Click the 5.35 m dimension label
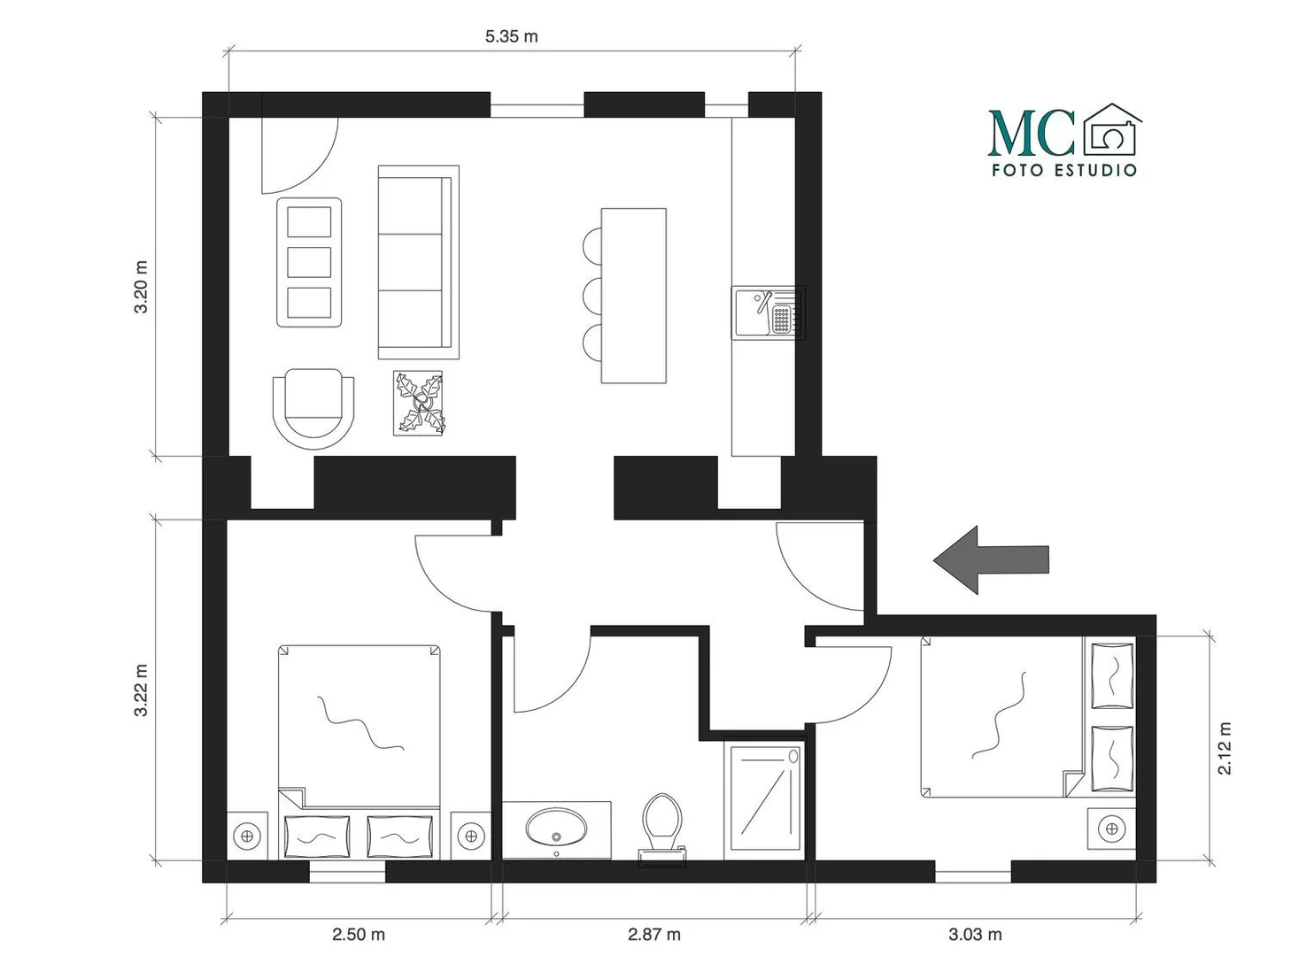click(511, 36)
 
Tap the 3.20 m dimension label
click(141, 286)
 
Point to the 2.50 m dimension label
click(359, 935)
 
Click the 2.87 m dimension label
click(653, 935)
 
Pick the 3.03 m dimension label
click(975, 935)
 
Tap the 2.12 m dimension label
click(1225, 748)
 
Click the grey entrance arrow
click(991, 559)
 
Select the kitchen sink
click(769, 312)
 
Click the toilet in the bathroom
click(662, 830)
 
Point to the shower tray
click(764, 799)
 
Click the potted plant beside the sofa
click(419, 404)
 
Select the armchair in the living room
click(313, 408)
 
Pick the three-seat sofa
click(419, 262)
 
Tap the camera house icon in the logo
click(1112, 129)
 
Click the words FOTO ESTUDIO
click(1064, 171)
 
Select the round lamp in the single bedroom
click(1111, 828)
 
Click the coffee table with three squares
click(309, 262)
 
